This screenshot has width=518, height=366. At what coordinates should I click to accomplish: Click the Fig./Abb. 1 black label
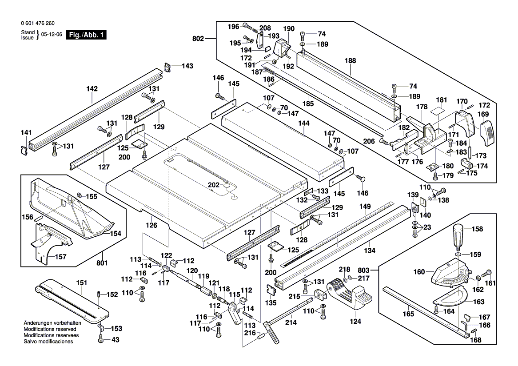coord(86,35)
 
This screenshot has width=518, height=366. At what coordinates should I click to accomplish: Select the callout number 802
coord(198,39)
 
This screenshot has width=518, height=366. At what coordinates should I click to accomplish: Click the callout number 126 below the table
coord(152,225)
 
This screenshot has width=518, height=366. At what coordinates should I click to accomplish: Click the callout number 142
coord(92,89)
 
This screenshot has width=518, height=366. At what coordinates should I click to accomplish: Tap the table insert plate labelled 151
coord(71,302)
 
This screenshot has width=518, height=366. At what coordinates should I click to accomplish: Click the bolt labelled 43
coord(100,340)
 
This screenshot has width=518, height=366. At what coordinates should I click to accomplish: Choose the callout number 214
coord(291,322)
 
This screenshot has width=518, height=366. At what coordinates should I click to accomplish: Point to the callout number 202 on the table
coord(214,185)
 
